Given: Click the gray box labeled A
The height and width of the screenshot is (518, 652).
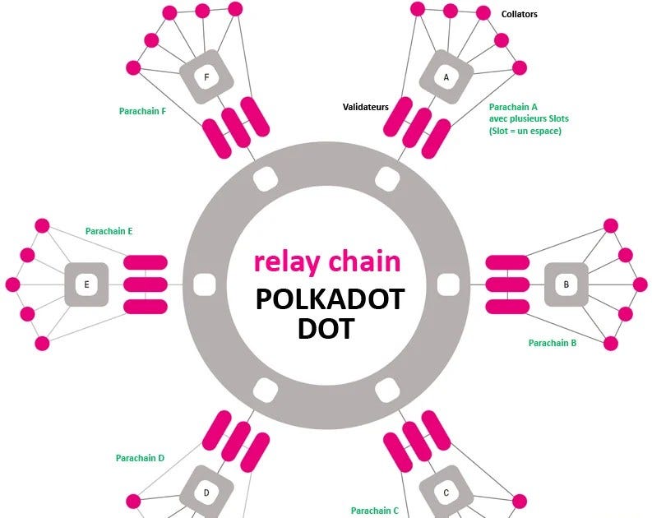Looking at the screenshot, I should [446, 77].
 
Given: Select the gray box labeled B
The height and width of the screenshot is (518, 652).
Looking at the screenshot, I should [566, 284].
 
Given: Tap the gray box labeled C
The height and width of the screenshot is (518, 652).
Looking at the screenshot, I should [446, 493].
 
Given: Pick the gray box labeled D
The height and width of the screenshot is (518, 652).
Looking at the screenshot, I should [206, 493].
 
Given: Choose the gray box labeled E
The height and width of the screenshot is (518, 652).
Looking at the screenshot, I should [86, 284].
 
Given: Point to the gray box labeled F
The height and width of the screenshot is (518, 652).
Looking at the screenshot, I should [206, 77].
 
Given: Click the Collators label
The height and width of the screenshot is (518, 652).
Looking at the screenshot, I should [520, 14].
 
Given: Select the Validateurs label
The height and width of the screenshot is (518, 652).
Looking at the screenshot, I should [366, 107].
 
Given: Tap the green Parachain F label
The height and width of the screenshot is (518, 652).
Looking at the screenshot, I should [143, 112].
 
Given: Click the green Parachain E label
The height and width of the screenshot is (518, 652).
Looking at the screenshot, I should [109, 232].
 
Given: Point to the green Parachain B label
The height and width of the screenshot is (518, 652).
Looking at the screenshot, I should [553, 343].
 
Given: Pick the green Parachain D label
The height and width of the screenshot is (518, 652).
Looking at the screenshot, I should [141, 458].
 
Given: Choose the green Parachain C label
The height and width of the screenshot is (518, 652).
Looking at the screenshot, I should [375, 511].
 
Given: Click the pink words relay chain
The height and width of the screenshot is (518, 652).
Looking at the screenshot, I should [327, 261].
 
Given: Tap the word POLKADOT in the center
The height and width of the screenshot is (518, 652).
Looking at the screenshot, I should [330, 299].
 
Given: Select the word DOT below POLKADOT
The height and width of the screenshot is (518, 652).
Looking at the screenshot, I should [326, 328].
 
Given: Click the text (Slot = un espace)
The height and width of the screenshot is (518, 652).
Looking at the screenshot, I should [525, 131].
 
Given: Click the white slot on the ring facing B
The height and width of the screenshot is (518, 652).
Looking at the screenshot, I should [447, 284].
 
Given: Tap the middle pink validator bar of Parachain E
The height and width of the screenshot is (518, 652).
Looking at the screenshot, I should [146, 284].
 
